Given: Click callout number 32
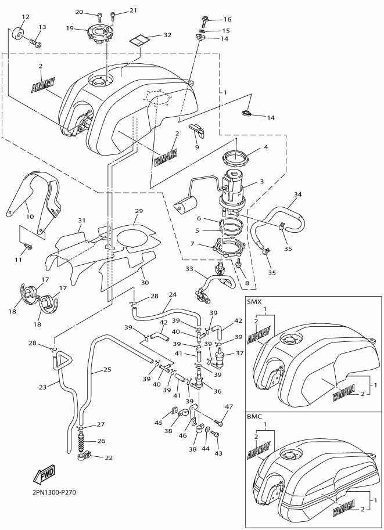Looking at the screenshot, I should [167, 35].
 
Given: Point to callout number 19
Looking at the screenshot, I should [70, 28].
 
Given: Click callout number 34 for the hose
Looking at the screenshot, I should [298, 194].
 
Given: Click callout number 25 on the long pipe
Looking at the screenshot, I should [107, 369].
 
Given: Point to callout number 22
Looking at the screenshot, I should [109, 457].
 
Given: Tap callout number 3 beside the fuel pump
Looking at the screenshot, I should [262, 182].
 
